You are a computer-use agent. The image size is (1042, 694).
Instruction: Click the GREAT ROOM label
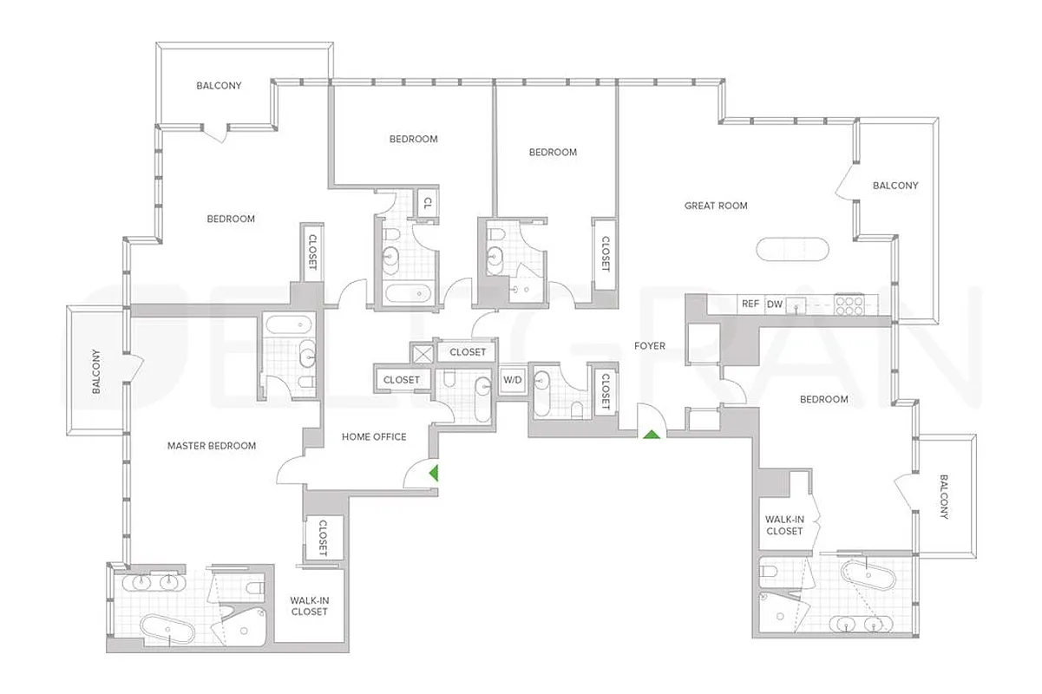[x=716, y=206]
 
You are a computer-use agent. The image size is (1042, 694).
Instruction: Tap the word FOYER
[x=650, y=346]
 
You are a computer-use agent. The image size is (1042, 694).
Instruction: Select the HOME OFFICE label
[x=374, y=437]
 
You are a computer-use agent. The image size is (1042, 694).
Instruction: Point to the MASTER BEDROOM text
[x=212, y=446]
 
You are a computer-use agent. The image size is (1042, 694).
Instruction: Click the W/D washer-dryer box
[x=513, y=379]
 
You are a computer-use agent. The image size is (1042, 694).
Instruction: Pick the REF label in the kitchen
[x=750, y=304]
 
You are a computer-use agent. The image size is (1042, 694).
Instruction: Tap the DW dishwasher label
[x=774, y=304]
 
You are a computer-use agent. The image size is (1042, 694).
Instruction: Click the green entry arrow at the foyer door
[x=649, y=433]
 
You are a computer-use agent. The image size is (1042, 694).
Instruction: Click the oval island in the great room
[x=794, y=249]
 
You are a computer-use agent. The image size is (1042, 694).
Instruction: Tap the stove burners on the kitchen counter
[x=847, y=304]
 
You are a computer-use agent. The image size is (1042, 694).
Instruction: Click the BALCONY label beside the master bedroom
[x=96, y=371]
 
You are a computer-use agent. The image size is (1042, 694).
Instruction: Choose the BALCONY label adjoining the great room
[x=895, y=186]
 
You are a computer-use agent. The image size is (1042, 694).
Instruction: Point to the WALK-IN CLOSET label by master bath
[x=310, y=606]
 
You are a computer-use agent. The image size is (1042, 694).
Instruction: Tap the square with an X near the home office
[x=423, y=353]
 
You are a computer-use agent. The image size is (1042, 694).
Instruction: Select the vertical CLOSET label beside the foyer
[x=605, y=390]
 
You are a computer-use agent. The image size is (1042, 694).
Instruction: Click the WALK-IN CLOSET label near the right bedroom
[x=784, y=525]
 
